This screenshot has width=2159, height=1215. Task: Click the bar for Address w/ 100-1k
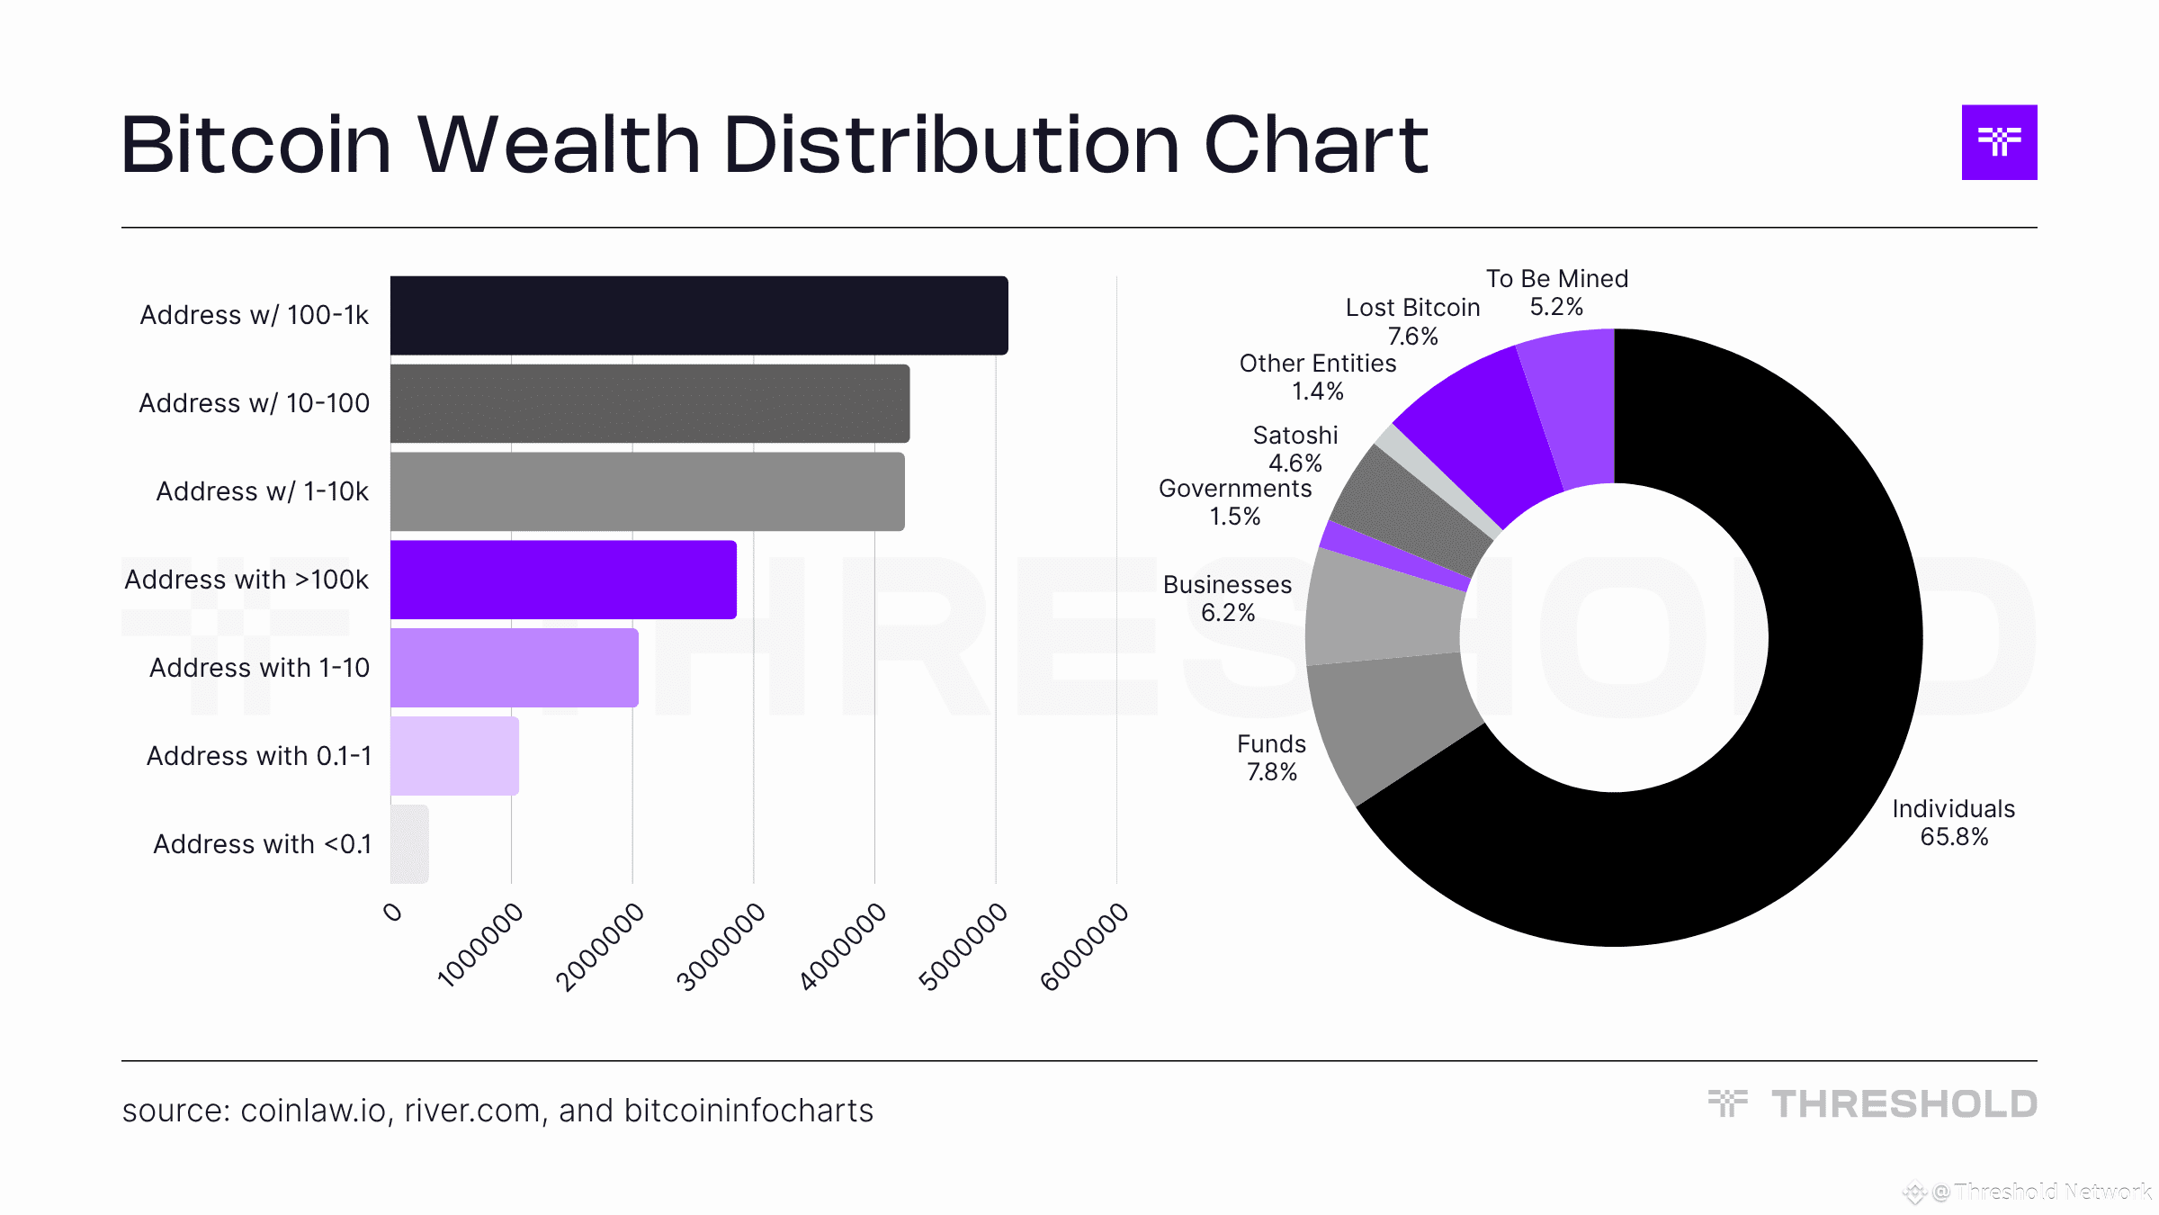click(699, 315)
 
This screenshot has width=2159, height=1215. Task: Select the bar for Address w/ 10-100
click(649, 403)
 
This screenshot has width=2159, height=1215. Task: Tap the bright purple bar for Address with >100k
click(563, 580)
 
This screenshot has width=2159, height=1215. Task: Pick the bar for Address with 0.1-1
click(454, 756)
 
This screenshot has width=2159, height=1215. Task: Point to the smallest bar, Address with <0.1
click(409, 844)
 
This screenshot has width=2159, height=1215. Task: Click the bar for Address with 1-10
click(514, 668)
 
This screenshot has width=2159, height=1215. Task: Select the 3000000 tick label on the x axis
click(721, 947)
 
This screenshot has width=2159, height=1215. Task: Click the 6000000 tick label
click(1084, 947)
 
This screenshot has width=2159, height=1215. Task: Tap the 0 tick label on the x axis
click(393, 913)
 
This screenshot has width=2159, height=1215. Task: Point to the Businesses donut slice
click(1381, 612)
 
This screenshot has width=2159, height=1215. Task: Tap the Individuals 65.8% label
click(1953, 823)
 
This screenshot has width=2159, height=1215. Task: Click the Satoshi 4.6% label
click(1295, 449)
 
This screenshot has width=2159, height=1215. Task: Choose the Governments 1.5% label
click(1234, 502)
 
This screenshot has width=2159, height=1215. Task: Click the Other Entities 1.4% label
click(1317, 377)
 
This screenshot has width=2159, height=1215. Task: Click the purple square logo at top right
click(1999, 142)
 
